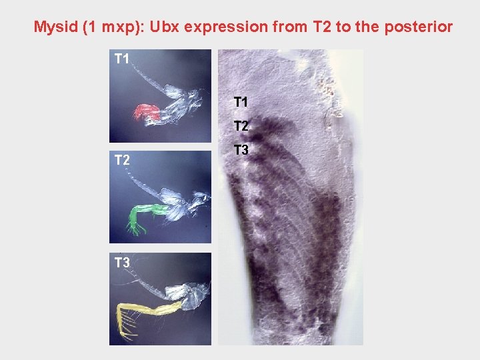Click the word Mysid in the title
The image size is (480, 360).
click(56, 27)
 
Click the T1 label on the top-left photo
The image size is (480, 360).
click(121, 59)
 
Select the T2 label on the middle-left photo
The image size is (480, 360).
click(121, 160)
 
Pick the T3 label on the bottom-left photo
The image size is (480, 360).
click(121, 263)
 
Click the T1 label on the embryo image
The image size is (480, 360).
click(241, 102)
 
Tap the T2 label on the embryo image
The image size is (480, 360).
click(241, 126)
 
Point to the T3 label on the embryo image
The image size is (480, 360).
click(241, 151)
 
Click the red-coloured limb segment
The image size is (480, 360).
click(147, 112)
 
